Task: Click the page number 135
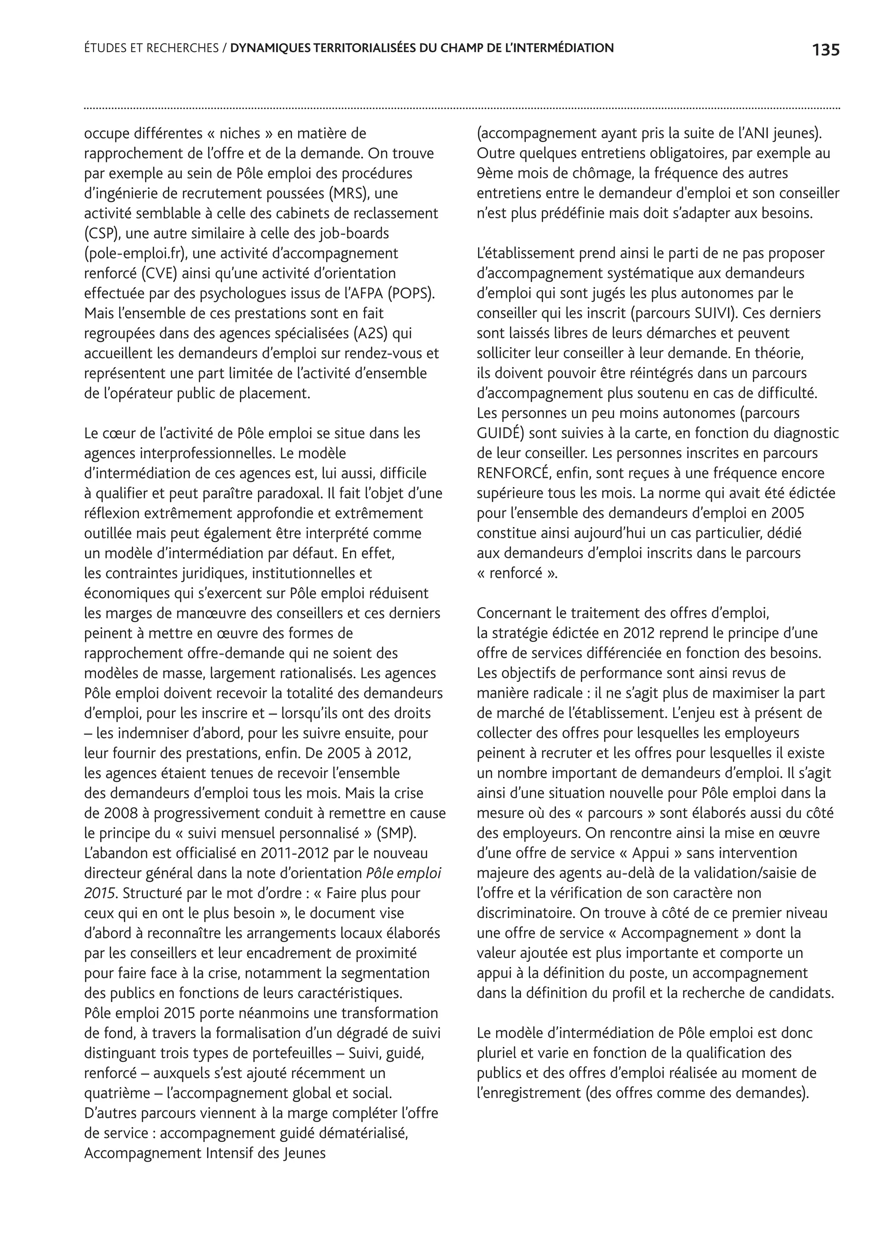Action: tap(826, 50)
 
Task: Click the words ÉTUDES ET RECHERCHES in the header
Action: tap(151, 48)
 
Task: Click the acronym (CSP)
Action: tap(102, 233)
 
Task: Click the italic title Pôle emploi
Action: tap(404, 873)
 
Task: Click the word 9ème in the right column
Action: tap(494, 173)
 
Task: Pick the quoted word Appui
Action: tap(650, 853)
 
